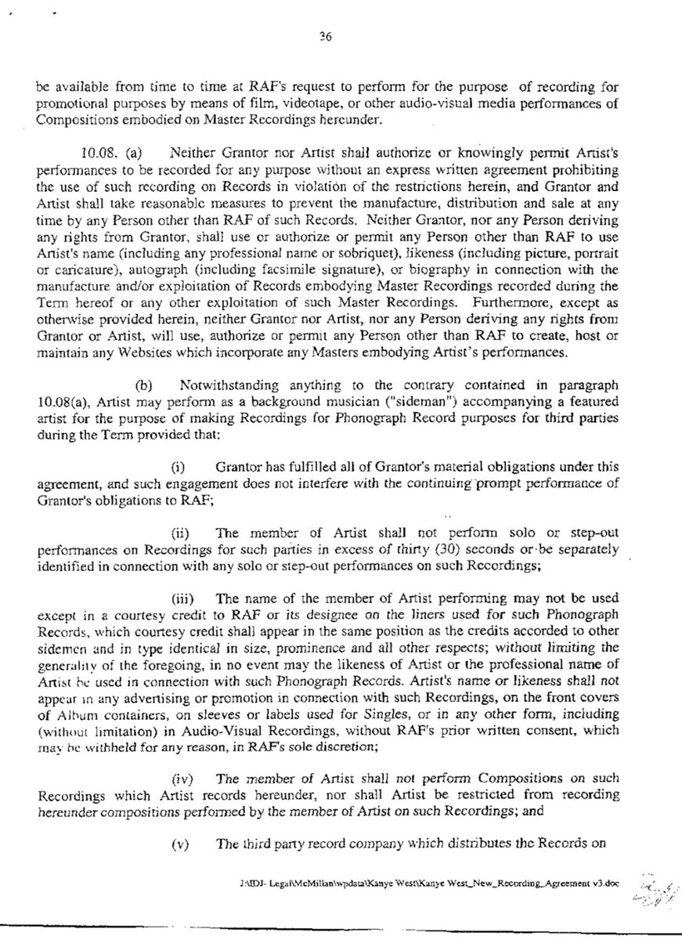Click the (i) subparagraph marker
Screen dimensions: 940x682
click(178, 468)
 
